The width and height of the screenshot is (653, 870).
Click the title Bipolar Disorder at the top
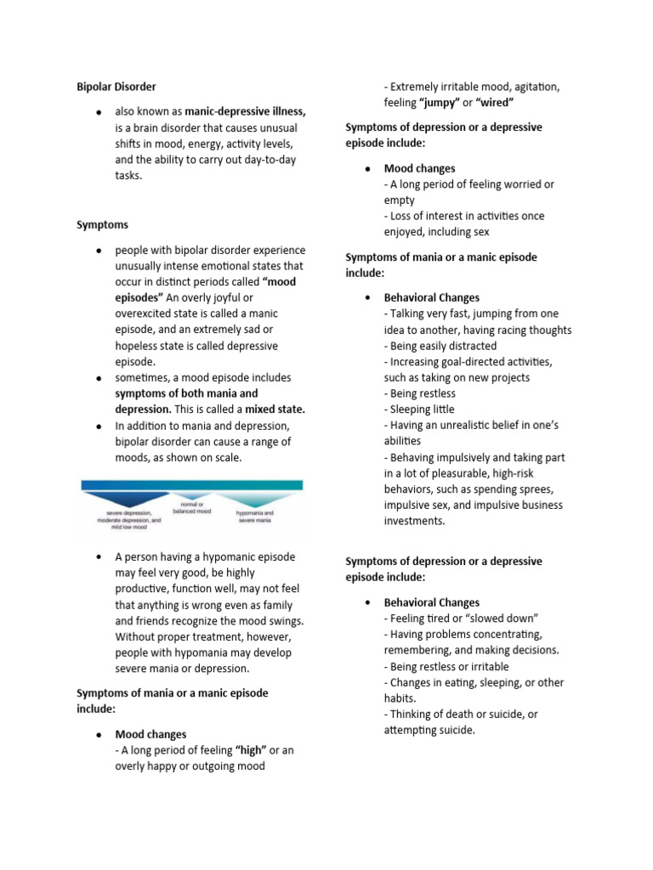(116, 87)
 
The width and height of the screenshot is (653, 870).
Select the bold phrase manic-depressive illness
(245, 111)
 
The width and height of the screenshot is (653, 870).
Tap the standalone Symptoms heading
(102, 225)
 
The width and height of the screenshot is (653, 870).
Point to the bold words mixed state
(275, 410)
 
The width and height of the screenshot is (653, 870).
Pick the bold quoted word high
(251, 750)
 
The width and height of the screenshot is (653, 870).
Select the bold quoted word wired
(495, 103)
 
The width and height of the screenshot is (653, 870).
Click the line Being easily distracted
(440, 346)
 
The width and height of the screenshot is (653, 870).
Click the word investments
(414, 521)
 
